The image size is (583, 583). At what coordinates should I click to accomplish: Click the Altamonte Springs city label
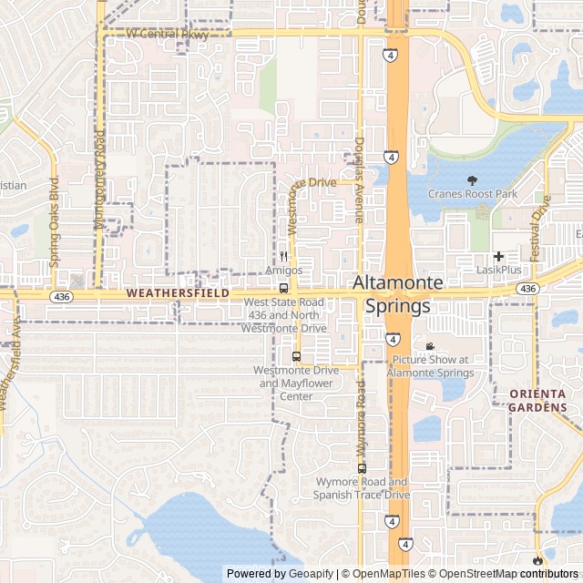click(x=397, y=294)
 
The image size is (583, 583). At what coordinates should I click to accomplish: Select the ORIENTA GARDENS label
click(x=537, y=400)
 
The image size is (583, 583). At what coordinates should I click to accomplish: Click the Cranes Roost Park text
click(x=472, y=194)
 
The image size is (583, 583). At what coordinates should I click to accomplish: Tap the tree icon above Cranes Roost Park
click(x=472, y=180)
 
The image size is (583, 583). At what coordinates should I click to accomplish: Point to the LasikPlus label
click(x=499, y=271)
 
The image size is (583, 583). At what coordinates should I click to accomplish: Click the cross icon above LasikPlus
click(x=499, y=257)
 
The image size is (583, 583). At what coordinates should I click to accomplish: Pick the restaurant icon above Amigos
click(x=283, y=257)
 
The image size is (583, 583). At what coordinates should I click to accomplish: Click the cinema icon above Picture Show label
click(x=430, y=346)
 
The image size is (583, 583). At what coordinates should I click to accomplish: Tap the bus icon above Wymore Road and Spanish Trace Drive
click(x=362, y=468)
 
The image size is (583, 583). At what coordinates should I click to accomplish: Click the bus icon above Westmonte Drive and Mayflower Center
click(x=296, y=356)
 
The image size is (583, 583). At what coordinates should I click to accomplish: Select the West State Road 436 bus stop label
click(x=283, y=314)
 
